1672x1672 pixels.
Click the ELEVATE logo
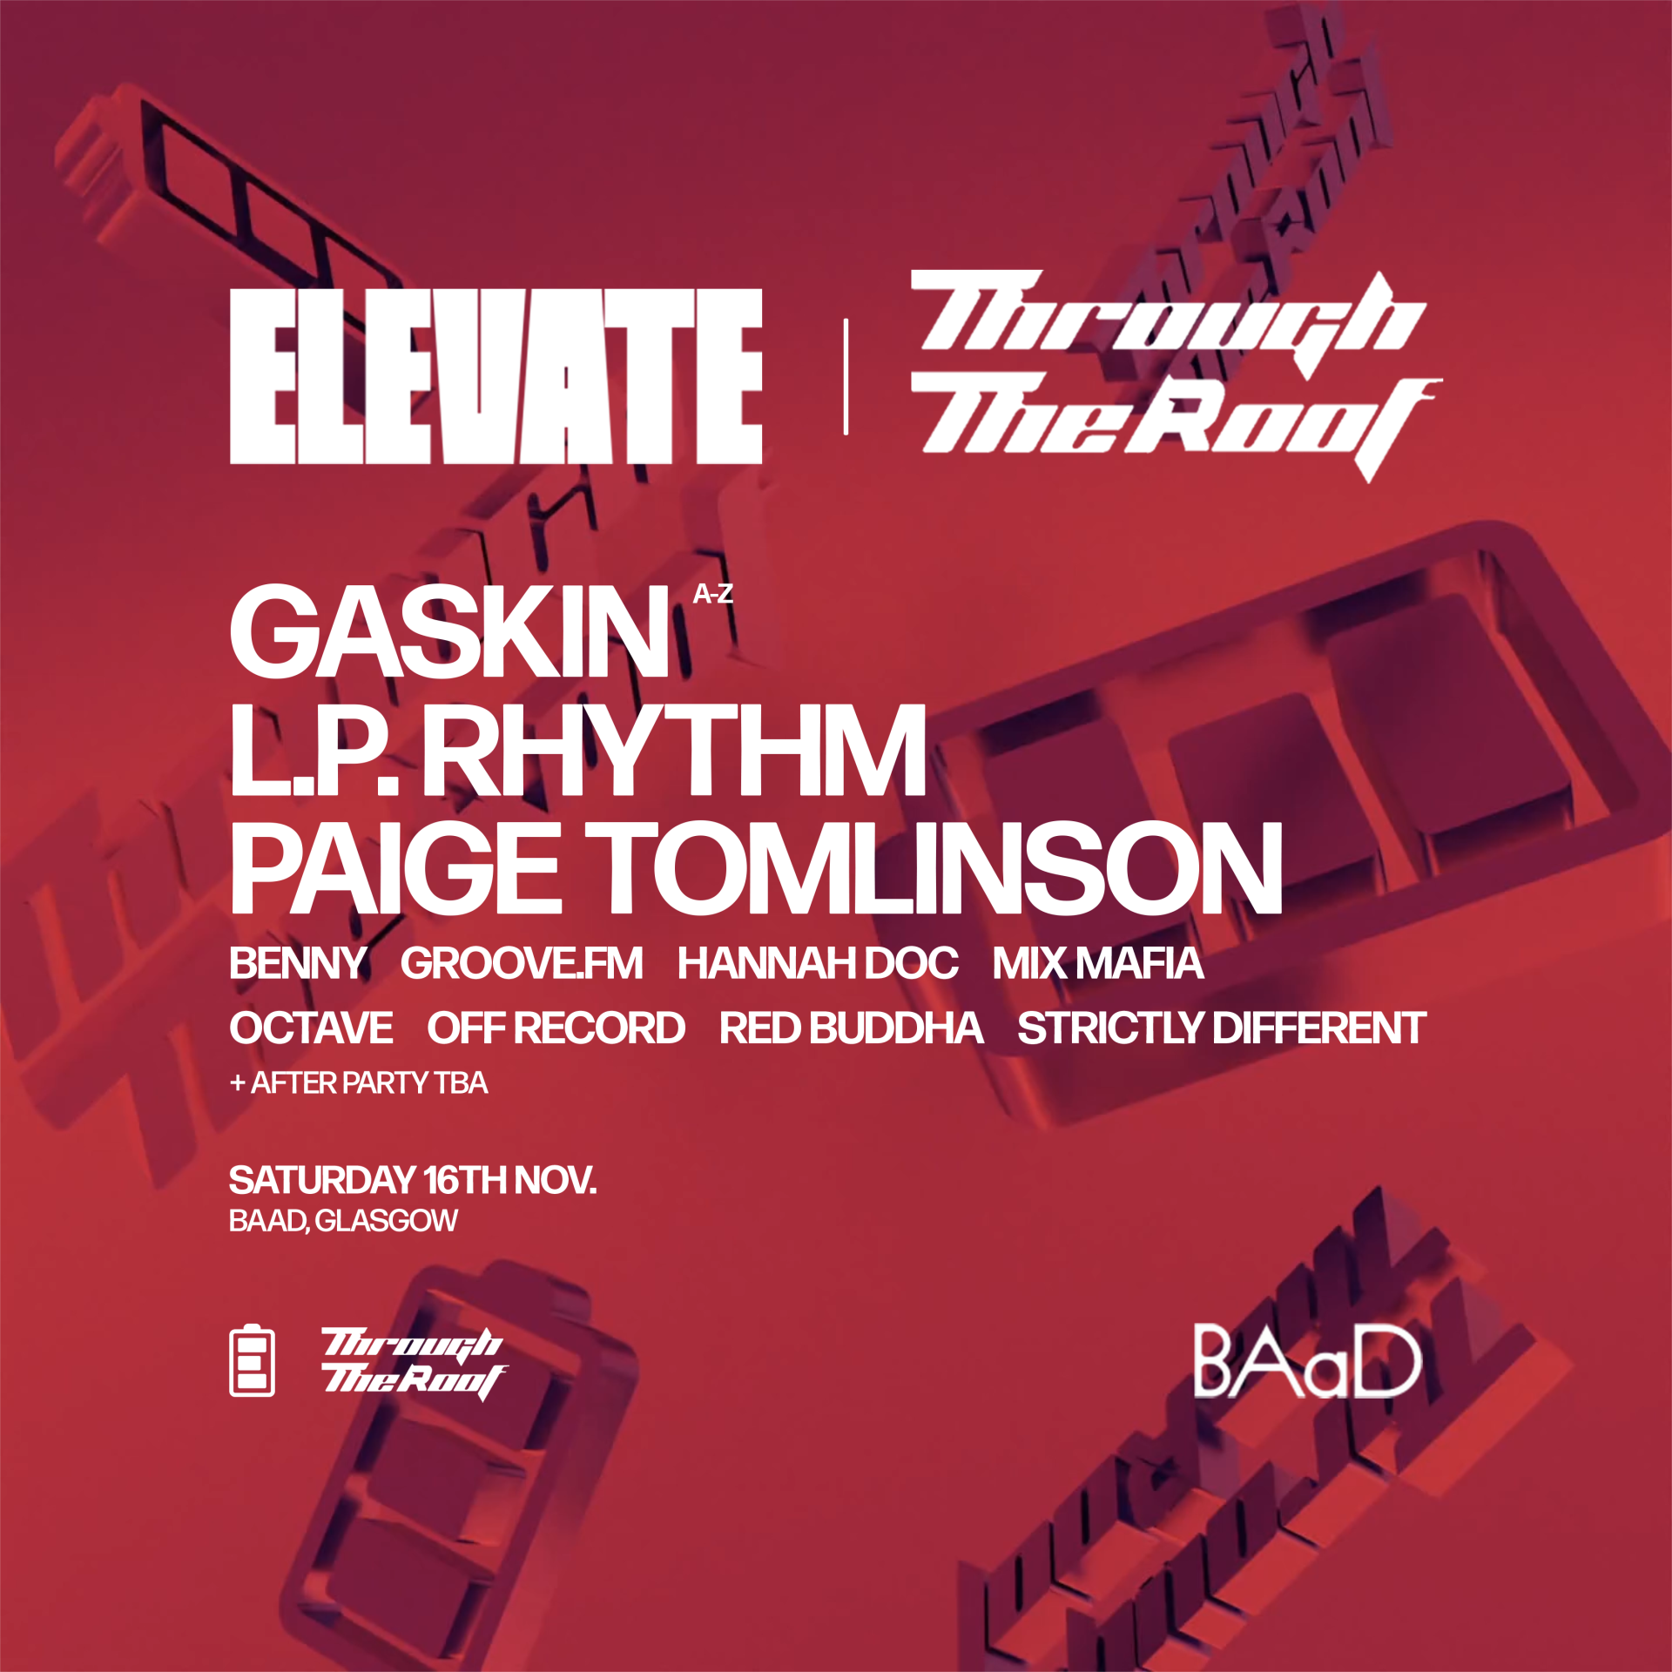pos(496,376)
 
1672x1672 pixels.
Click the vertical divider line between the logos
pos(846,376)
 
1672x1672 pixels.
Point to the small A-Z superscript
pos(712,594)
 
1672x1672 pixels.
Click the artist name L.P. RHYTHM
pos(577,751)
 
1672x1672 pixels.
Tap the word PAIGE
pos(395,868)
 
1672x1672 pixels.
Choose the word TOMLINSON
pos(933,868)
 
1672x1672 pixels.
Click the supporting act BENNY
pos(297,963)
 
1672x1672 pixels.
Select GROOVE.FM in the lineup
pos(522,963)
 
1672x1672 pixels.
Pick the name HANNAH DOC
pos(818,963)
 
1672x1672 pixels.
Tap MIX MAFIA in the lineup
pos(1098,963)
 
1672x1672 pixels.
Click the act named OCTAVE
pos(311,1028)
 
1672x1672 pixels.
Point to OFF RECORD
pos(556,1028)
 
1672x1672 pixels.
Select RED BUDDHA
pos(851,1028)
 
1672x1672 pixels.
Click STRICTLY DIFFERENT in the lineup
pos(1221,1028)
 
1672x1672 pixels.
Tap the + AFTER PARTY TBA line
pos(358,1083)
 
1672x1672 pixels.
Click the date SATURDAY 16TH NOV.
pos(412,1181)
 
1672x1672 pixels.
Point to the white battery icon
pos(252,1360)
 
